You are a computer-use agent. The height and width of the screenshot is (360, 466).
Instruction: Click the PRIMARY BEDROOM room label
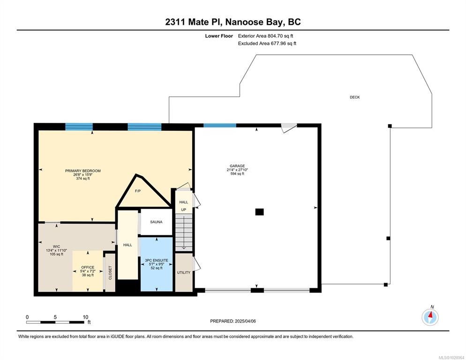coord(83,171)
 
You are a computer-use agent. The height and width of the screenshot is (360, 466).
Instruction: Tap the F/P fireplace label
coord(138,191)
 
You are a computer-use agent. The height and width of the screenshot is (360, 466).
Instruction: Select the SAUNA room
coord(156,222)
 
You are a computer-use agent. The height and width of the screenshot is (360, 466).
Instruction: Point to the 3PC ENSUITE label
coord(156,261)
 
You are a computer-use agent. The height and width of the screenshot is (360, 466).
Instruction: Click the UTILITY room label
coord(184,272)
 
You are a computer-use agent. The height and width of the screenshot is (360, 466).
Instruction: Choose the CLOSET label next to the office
coord(110,273)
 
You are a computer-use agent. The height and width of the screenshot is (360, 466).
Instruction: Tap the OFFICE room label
coord(88,267)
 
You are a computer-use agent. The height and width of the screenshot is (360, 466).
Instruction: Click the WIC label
coord(56,247)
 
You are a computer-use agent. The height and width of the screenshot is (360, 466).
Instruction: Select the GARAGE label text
coord(237,166)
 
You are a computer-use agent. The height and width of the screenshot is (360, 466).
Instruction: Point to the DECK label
coord(354,97)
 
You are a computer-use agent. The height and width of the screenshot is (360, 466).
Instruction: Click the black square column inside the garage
coord(259,212)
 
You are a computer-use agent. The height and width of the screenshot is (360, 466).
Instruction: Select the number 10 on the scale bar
coord(86,317)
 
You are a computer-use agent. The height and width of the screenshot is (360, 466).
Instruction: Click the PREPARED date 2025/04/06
coord(245,321)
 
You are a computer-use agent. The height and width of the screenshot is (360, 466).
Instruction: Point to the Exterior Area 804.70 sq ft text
coord(266,36)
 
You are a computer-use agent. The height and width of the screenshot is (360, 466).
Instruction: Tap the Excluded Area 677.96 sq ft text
coord(267,44)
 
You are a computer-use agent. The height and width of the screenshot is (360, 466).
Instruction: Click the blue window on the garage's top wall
coord(220,126)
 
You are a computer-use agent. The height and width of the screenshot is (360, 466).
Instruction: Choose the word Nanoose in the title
coord(244,22)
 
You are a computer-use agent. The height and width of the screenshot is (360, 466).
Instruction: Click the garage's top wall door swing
coord(289,128)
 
